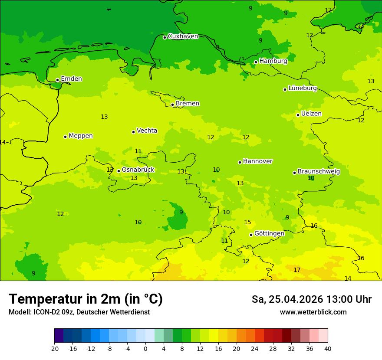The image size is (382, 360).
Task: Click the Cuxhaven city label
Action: pos(183,36)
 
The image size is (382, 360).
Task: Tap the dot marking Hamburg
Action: pos(256,62)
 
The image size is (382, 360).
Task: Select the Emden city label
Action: pos(71,79)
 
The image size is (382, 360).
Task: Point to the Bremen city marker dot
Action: pos(172,105)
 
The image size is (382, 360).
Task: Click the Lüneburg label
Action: pos(302,88)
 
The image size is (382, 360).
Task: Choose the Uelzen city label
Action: pos(311,114)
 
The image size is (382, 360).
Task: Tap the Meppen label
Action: pos(80,136)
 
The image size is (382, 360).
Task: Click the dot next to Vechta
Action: pos(133,132)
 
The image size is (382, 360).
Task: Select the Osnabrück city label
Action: pos(138,170)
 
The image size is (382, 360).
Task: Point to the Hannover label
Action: pos(257,161)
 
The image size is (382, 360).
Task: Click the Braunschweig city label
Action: pos(319,172)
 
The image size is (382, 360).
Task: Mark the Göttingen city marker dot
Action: pos(251,235)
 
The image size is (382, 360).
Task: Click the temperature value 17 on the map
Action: pos(297,270)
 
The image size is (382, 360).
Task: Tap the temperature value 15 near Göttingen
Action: pos(247,223)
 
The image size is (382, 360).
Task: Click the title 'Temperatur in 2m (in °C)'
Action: pos(86,299)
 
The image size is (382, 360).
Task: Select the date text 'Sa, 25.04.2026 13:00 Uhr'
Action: pos(311,300)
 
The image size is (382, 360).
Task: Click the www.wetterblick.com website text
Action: pos(313,312)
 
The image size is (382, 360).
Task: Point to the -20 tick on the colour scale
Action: pos(54,348)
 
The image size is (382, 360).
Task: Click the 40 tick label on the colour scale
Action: pos(328,348)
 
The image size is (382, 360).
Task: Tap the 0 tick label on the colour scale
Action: pos(145,348)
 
